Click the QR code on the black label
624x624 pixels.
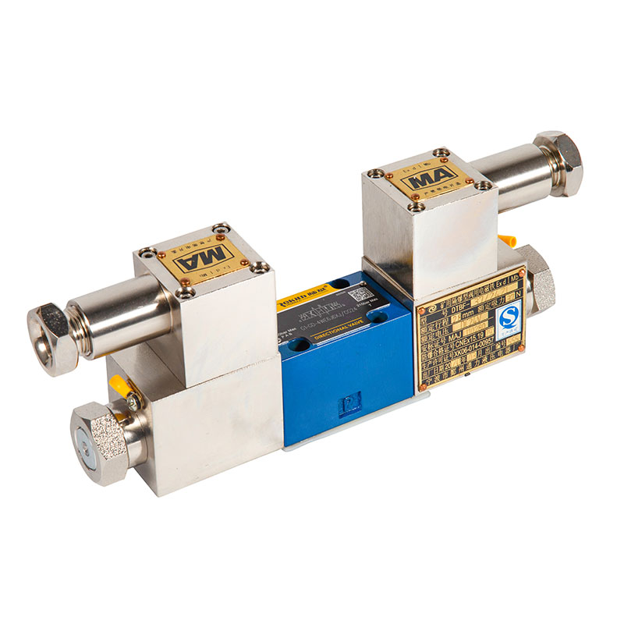(x=360, y=294)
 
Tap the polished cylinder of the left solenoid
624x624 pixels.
(x=117, y=312)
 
